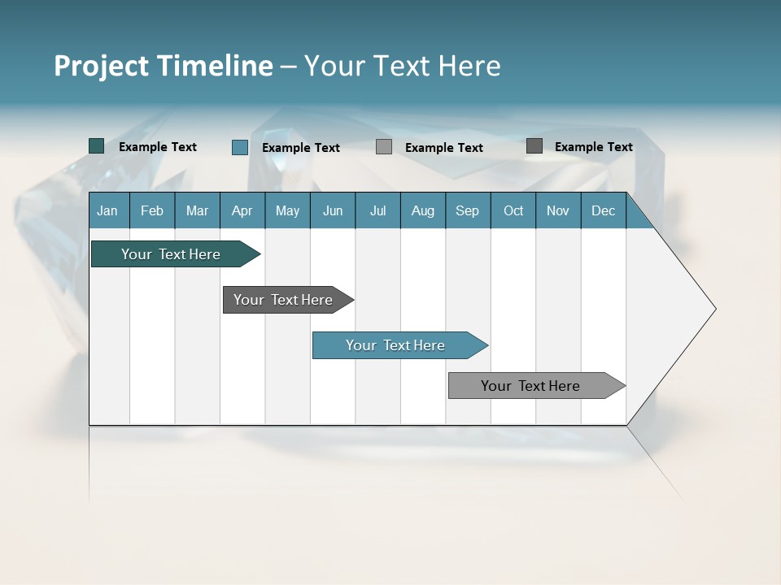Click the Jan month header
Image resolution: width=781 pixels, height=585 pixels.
108,210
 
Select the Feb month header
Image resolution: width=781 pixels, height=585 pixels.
152,210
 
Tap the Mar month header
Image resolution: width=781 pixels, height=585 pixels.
197,210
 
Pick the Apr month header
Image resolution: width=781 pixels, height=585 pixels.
242,210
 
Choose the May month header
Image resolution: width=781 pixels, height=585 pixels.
287,210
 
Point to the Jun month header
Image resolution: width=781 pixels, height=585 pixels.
333,210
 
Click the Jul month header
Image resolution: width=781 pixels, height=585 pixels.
377,210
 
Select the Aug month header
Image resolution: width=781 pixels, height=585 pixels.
423,210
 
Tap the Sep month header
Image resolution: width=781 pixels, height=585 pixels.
468,210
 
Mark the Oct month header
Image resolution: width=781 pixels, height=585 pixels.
513,210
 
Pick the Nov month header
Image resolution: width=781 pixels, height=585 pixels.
558,210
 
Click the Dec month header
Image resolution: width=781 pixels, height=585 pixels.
604,210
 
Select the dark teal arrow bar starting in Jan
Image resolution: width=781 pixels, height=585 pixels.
172,254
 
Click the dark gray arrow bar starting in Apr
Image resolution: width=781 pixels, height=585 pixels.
284,300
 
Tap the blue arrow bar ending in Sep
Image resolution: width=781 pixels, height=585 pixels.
396,345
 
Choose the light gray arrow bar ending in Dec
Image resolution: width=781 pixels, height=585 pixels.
531,386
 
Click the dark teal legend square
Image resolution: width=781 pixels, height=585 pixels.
97,146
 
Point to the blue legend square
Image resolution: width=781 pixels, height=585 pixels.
240,147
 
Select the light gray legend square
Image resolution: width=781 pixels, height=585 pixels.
384,147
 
